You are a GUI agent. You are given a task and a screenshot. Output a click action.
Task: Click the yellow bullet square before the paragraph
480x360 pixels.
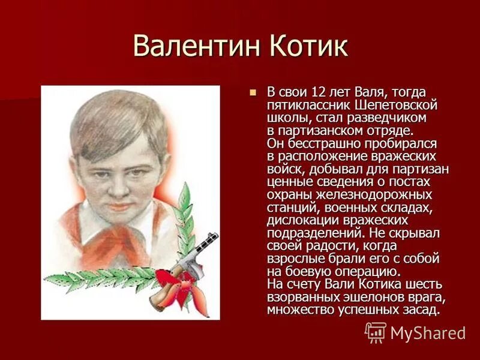pos(253,92)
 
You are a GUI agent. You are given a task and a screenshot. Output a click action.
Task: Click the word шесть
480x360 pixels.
pos(423,284)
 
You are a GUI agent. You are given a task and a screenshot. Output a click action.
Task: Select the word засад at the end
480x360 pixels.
pos(421,310)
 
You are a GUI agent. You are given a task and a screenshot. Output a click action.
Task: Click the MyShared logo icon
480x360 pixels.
pos(376,332)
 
